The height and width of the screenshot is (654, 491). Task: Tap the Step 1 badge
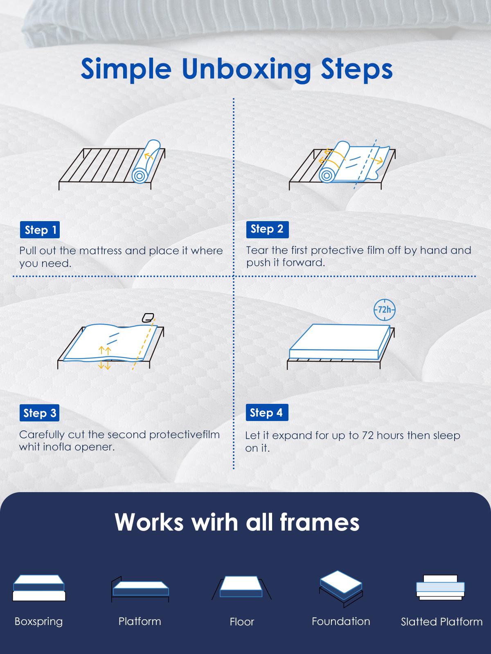coord(40,230)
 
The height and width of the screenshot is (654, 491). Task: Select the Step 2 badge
coord(268,229)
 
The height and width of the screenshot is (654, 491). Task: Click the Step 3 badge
coord(39,413)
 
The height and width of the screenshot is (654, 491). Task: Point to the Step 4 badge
coord(267,412)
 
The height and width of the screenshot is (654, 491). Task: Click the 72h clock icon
coord(385,310)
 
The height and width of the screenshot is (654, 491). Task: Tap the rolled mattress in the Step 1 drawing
coord(146,161)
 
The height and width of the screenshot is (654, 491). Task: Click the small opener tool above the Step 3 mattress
coord(148,318)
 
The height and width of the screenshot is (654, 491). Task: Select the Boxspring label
coord(39,621)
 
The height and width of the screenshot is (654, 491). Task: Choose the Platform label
coord(140,621)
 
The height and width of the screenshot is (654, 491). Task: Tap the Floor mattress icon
coord(241,587)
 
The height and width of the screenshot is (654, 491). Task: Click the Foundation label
coord(341,621)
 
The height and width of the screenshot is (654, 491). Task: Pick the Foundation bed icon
coord(341,589)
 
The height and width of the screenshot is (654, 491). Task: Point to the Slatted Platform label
coord(441,622)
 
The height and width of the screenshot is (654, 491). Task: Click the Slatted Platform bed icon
coord(440,587)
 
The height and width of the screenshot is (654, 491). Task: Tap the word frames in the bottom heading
coord(320,522)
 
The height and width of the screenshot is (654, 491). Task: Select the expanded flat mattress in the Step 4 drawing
coord(340,341)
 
